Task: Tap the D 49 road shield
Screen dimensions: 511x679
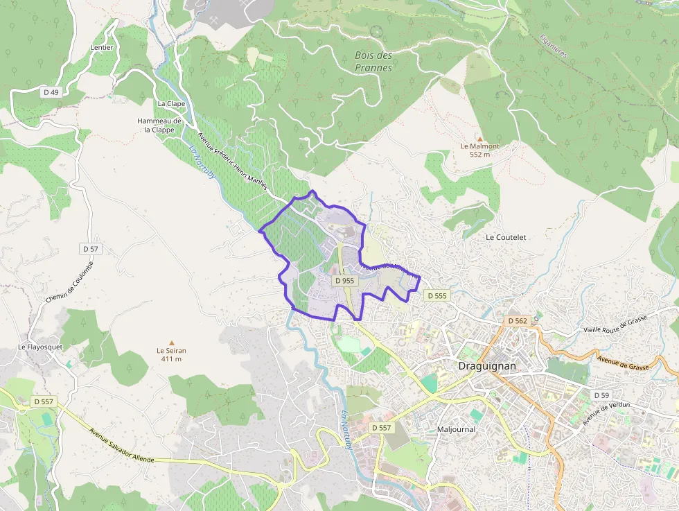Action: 51,93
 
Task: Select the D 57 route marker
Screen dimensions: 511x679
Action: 91,248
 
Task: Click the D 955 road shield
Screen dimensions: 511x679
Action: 344,281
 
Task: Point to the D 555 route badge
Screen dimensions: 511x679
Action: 437,295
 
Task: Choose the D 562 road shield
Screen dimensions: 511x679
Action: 518,321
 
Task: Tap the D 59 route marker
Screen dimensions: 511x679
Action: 601,395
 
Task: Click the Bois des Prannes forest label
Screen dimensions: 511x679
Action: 373,61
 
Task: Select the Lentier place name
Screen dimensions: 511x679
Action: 102,48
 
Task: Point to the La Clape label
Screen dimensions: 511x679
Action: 171,103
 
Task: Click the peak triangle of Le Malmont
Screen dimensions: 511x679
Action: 479,139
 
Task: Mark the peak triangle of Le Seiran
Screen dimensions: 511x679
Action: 171,343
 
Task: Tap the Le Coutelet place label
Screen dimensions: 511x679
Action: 506,237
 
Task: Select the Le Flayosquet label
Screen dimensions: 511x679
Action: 39,347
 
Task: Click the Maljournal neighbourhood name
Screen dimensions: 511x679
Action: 456,428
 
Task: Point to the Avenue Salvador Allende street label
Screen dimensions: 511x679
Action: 122,444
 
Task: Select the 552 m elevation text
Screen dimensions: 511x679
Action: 479,155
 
